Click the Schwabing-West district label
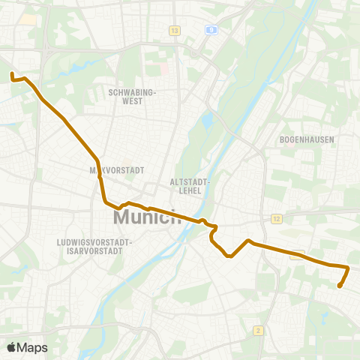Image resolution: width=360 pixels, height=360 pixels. pos(131,96)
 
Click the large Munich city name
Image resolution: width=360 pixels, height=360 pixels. pos(147,218)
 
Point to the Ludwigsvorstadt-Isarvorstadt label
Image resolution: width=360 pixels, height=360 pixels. pos(94,247)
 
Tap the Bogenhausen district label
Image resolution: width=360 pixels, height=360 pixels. pos(306,139)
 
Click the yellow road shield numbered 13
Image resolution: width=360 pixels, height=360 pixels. pos(175,31)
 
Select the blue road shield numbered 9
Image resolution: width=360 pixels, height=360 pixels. pos(212,31)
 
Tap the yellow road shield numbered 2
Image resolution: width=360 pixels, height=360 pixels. pos(258,330)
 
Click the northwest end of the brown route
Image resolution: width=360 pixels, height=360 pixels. pos(12,74)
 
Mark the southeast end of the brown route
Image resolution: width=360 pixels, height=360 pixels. pos(340,286)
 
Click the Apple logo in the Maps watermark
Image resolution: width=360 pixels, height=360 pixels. pos(13,347)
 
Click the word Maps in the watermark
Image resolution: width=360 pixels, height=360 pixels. pos(33,347)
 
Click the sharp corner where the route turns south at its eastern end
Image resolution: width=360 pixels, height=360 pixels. pos(348,267)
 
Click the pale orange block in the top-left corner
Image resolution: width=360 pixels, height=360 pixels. pos(28,18)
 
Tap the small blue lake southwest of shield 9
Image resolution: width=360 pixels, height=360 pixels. pos(206,120)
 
